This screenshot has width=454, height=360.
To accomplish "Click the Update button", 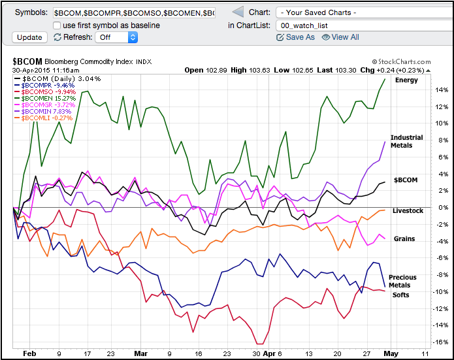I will coord(29,37).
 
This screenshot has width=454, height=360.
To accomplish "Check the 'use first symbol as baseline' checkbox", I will coord(57,25).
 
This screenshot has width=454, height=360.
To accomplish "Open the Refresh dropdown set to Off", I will coord(116,37).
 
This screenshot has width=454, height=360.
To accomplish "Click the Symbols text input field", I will coord(133,12).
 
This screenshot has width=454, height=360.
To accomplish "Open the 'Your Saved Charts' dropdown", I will coord(357,12).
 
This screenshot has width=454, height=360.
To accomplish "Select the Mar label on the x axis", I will coord(142,353).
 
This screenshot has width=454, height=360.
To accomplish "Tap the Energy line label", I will coord(406,80).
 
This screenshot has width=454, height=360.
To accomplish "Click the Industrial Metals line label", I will coord(406,142).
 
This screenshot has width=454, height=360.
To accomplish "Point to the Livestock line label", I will coord(408,210).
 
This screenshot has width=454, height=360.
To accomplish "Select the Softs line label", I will coord(400,295).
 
